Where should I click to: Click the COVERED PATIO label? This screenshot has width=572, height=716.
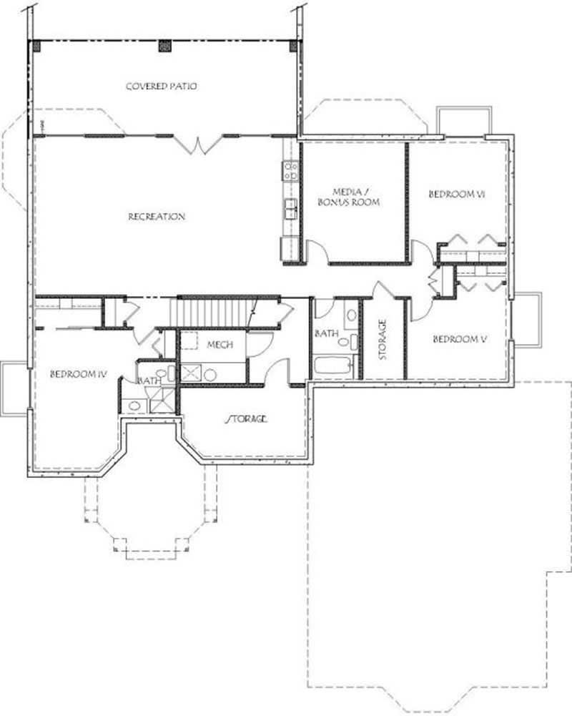click(161, 87)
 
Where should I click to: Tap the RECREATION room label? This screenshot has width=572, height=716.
click(157, 217)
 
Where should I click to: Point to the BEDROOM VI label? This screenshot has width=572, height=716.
click(457, 194)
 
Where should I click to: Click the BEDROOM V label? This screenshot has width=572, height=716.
click(460, 339)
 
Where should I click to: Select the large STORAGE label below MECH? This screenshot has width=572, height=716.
click(247, 418)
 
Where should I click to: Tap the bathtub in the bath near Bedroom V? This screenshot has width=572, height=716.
click(333, 366)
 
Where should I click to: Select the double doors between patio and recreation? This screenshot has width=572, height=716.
click(198, 145)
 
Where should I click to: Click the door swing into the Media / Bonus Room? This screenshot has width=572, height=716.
click(317, 251)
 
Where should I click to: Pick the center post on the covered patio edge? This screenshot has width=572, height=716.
click(164, 46)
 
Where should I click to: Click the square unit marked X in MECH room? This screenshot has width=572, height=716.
click(191, 372)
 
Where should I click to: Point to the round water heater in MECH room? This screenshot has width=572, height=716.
click(211, 374)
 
